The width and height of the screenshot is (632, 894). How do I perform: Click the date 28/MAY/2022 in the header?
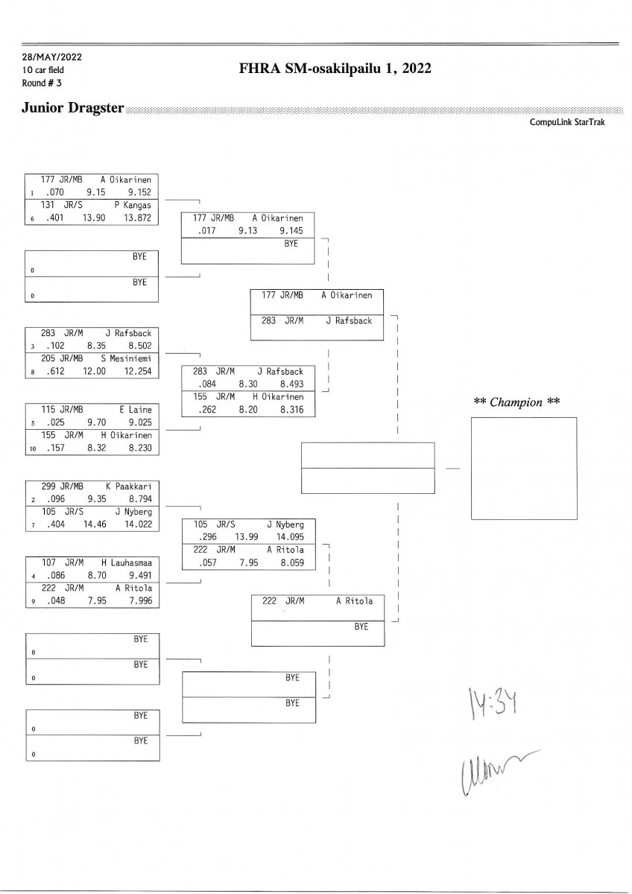click(x=51, y=58)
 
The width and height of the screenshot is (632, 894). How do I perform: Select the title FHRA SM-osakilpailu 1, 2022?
click(x=335, y=69)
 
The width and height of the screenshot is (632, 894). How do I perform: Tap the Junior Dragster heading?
click(x=73, y=108)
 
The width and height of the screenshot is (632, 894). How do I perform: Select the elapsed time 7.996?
click(x=140, y=600)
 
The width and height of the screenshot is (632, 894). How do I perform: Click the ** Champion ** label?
click(x=516, y=402)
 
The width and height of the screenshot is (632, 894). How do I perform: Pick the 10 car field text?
click(x=44, y=70)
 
